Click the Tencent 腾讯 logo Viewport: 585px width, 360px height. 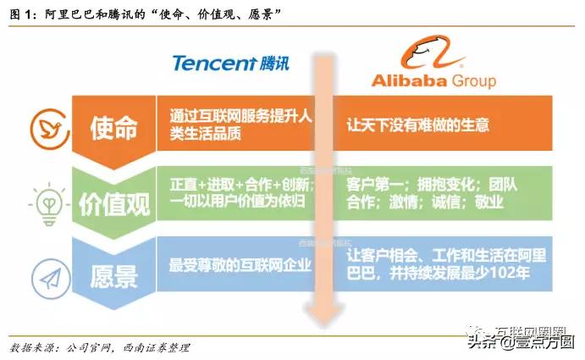pos(231,63)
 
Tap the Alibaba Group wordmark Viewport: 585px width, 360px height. pos(433,80)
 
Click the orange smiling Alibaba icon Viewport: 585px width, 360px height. pos(433,52)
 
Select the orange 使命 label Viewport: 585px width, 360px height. pos(114,128)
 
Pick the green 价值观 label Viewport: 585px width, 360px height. pos(114,202)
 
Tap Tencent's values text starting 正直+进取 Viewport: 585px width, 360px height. pos(241,192)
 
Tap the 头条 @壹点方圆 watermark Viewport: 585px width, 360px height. pos(525,341)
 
